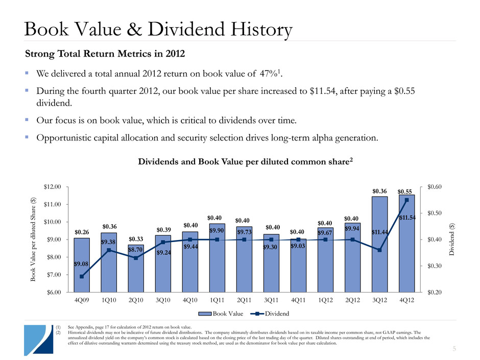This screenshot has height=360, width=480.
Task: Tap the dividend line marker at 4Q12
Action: (407, 200)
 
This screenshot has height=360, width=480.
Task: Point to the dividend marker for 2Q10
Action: (136, 258)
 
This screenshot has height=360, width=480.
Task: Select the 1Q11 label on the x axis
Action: (217, 300)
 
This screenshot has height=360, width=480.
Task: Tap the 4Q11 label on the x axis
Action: (298, 300)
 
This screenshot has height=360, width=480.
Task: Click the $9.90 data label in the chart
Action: (217, 230)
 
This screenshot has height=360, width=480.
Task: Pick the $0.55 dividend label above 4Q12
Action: (406, 191)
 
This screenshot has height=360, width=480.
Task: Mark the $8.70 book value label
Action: (136, 250)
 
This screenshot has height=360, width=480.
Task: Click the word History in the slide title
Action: (250, 29)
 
